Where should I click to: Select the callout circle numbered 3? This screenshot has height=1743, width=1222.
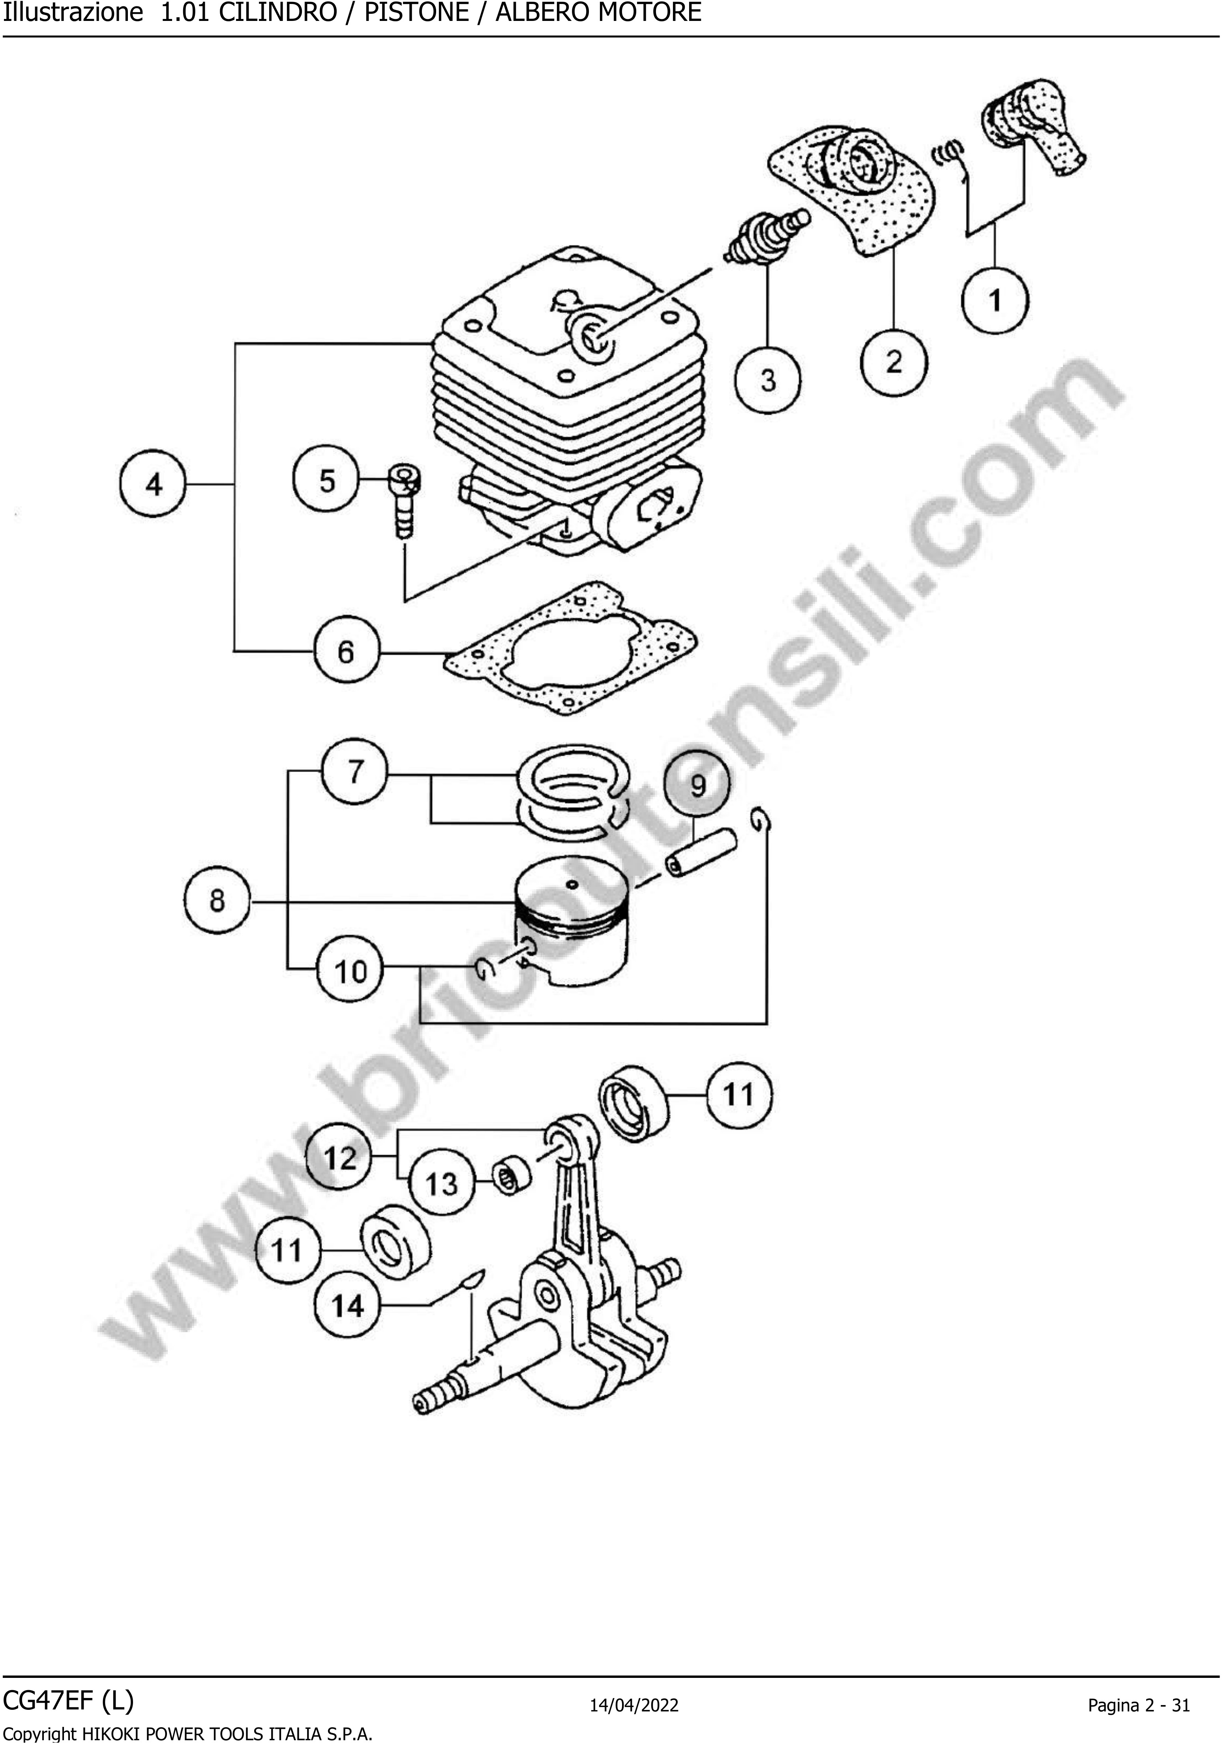click(x=768, y=380)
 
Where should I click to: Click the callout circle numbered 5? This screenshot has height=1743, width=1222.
click(x=326, y=480)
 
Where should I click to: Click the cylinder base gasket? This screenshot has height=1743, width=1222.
click(x=571, y=648)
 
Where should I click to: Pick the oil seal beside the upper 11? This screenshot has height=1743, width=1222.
click(x=636, y=1103)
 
